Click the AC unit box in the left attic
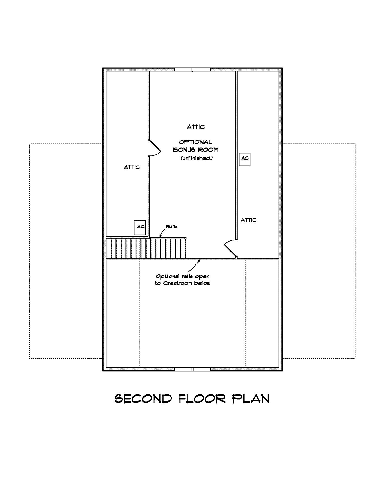coord(140,227)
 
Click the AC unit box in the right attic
coord(245,159)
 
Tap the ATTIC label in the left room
coord(132,167)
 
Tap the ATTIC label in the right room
coord(248,220)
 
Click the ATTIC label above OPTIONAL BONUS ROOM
coord(196,127)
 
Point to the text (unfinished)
coord(196,158)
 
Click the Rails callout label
coord(171,227)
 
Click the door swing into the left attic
coord(155,148)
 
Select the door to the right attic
coord(230,249)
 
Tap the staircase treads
coord(146,248)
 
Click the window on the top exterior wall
coord(193,69)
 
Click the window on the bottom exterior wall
coord(193,369)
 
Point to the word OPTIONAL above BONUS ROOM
coord(195,142)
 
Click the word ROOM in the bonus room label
coord(208,150)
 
